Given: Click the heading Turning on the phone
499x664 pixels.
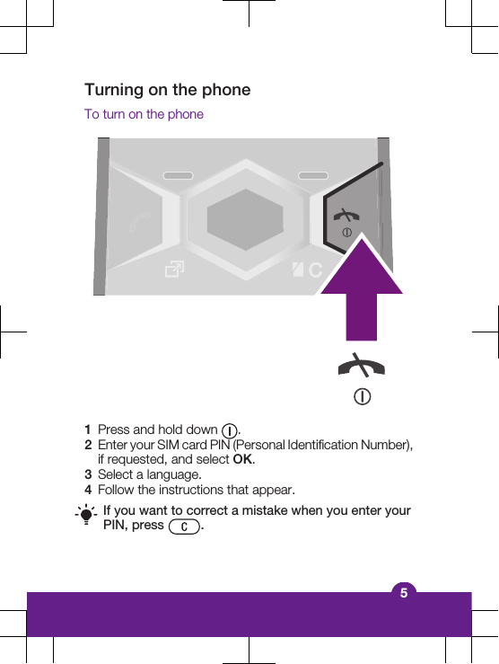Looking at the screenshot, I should [167, 90].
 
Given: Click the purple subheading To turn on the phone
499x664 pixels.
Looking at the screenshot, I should [144, 114].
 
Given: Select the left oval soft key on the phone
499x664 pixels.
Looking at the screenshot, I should [179, 174].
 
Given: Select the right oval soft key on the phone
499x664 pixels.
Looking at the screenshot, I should [313, 174].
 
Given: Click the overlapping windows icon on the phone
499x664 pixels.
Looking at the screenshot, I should [175, 270].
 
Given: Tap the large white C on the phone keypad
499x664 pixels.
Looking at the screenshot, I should [314, 270].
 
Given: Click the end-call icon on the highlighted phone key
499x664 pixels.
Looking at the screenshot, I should [345, 216].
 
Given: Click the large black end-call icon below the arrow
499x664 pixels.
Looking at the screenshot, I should [361, 366].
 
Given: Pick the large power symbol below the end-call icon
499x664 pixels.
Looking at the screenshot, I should [362, 396].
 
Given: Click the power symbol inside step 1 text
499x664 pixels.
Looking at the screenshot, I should [230, 430].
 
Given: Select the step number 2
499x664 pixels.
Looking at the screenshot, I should [88, 445].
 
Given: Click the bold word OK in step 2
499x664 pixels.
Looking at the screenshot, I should [242, 460].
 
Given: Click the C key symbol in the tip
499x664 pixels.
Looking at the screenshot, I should [183, 527].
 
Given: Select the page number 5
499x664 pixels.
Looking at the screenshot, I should [404, 592].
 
